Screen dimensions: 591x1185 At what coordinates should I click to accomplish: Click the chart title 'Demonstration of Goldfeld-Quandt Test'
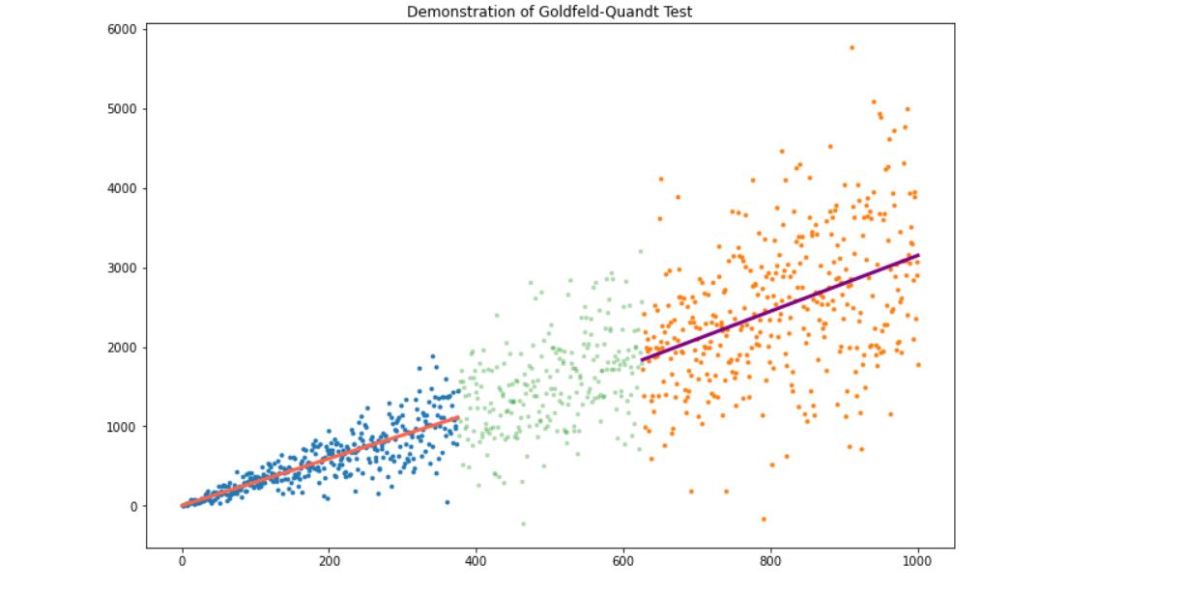[x=550, y=12]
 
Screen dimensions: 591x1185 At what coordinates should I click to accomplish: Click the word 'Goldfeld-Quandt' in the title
[x=591, y=12]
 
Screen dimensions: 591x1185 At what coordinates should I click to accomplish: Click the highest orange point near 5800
[x=852, y=47]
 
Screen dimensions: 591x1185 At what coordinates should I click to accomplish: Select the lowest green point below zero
[x=523, y=523]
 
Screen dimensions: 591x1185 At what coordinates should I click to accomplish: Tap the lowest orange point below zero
[x=763, y=520]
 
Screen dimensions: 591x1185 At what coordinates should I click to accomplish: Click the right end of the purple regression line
[x=917, y=255]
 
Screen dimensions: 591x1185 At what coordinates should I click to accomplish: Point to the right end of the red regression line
[x=457, y=417]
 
